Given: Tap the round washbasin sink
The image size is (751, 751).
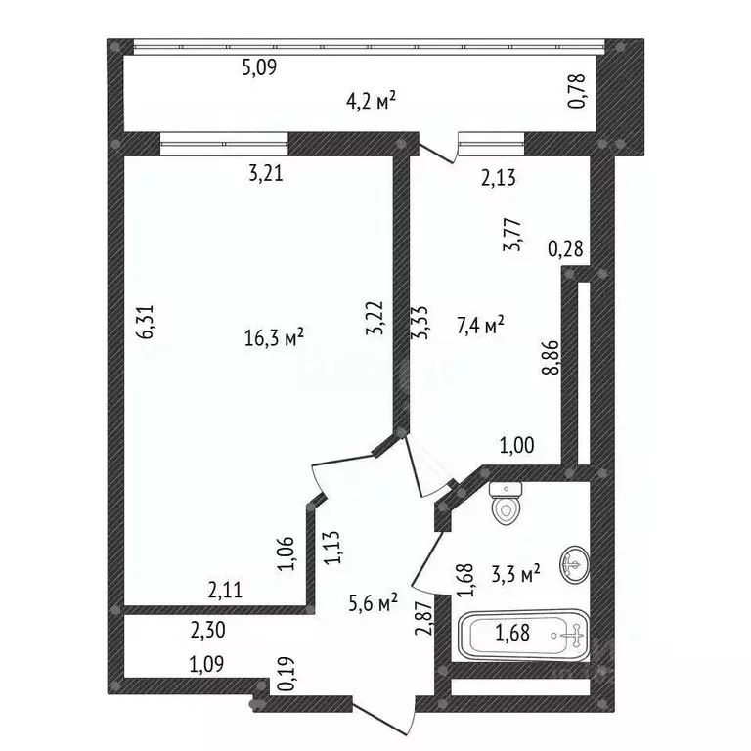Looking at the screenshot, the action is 575,564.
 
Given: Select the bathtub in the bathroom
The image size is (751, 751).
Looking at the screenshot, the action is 524,635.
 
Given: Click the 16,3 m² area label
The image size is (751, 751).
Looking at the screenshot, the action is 274,337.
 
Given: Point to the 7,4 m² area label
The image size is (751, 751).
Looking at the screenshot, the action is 480,326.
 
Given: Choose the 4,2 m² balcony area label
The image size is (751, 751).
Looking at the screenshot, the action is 372,101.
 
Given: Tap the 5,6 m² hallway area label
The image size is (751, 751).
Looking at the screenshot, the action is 374,603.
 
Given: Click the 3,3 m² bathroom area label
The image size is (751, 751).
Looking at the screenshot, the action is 516,573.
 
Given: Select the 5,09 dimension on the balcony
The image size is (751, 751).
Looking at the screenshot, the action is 259,67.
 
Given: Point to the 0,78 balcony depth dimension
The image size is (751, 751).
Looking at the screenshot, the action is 577,91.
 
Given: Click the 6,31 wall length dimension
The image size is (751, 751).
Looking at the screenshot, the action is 146,322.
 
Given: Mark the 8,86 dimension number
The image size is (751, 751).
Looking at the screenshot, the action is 551,357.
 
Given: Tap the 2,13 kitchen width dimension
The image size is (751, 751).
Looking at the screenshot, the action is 499,178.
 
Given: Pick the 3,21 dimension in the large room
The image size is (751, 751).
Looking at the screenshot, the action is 266,173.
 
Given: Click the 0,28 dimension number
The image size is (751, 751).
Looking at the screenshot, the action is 565,249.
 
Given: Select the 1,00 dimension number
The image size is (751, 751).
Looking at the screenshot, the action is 516,446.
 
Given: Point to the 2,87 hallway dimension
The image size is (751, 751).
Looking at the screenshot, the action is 423,618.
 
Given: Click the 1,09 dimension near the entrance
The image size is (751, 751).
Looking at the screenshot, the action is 206,664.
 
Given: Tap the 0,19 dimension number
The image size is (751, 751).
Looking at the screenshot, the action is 287,674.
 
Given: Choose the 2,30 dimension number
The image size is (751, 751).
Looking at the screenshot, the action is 208,631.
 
